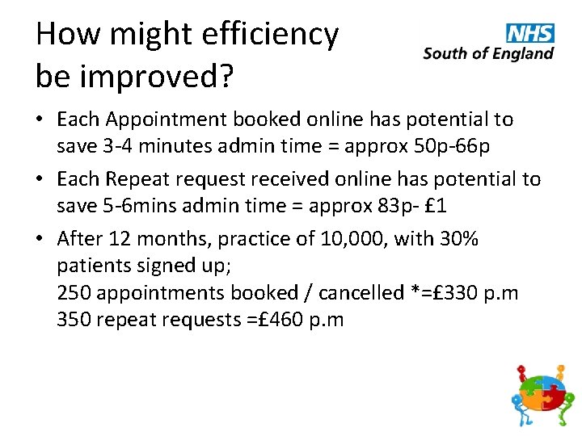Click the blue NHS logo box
coord(530,33)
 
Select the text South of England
coord(488,53)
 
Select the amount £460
coord(274,320)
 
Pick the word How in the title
coord(67,35)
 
